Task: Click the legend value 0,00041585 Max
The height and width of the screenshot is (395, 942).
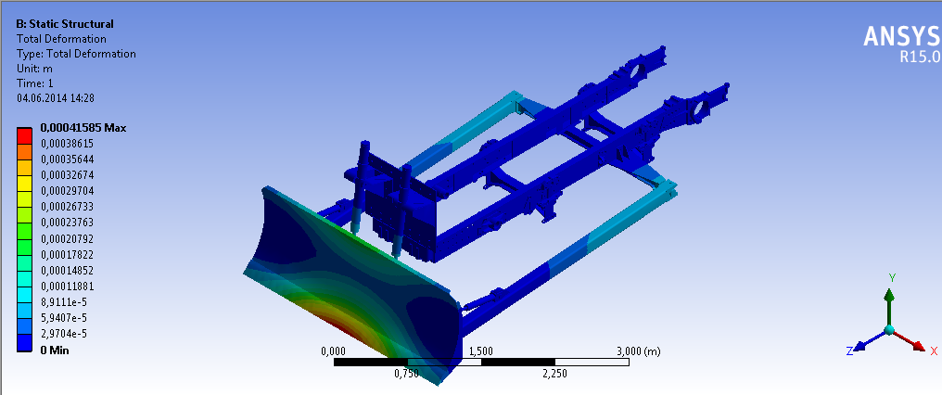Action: point(83,127)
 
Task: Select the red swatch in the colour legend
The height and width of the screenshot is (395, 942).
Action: point(24,135)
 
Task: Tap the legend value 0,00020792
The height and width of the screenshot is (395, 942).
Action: point(67,238)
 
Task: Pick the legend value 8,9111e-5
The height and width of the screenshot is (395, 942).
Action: point(63,301)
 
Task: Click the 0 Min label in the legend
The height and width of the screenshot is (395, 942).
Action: point(55,350)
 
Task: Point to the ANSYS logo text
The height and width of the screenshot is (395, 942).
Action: point(901,37)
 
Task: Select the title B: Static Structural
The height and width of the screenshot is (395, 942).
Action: point(65,24)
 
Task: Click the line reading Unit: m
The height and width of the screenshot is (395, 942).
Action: point(34,69)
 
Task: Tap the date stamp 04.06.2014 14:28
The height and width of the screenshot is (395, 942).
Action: point(56,98)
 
